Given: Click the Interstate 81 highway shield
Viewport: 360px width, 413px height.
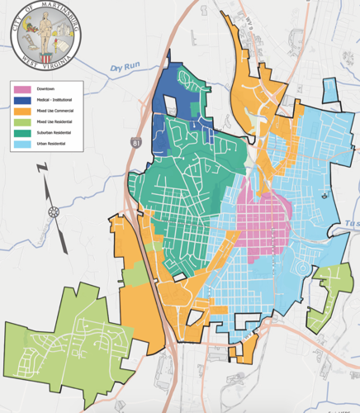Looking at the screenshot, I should tap(135, 143).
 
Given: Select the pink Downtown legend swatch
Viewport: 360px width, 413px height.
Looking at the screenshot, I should tap(23, 88).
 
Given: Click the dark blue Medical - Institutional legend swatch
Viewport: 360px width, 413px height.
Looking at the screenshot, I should tap(23, 99).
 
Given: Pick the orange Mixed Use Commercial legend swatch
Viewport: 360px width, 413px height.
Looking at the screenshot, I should tap(23, 111).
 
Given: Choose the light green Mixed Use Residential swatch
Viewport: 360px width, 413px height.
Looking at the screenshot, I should tap(23, 121).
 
